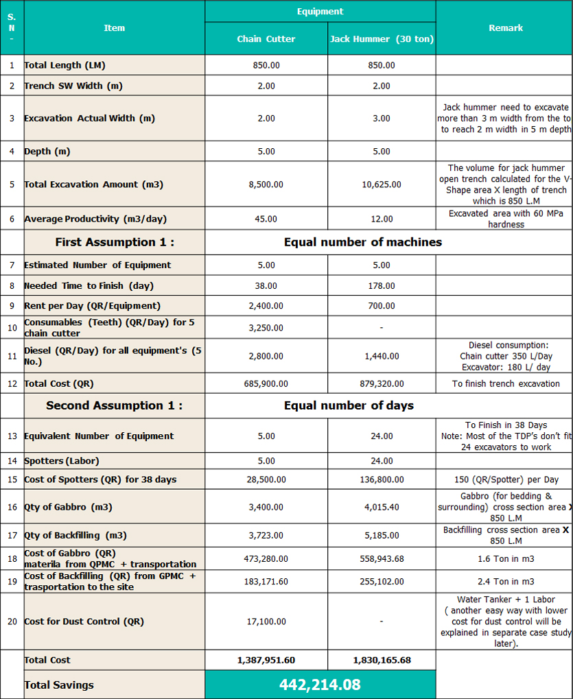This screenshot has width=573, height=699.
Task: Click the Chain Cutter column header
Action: (x=266, y=39)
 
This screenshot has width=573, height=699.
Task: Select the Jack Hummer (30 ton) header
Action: (x=382, y=39)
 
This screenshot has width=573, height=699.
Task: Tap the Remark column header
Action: (x=506, y=28)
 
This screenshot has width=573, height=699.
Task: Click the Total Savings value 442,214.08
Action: (x=320, y=685)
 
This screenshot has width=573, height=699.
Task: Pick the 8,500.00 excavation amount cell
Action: (x=266, y=185)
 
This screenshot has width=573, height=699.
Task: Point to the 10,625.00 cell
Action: (x=382, y=185)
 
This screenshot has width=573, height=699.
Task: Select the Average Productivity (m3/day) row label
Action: (x=95, y=219)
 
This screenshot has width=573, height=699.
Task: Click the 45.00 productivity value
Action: (x=266, y=219)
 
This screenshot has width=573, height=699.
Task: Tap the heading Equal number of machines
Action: (x=363, y=242)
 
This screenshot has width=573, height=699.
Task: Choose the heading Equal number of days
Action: (x=349, y=405)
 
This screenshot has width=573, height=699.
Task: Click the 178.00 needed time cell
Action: (x=382, y=285)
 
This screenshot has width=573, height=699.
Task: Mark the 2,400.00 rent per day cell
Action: (x=266, y=306)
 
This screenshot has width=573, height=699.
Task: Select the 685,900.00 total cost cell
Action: (x=266, y=383)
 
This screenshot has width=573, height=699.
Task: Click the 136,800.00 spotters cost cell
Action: (x=382, y=479)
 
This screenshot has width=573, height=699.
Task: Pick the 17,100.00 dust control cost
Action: (x=266, y=621)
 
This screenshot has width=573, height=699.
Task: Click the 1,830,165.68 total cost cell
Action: (x=382, y=660)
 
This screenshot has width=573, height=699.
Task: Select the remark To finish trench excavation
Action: (x=506, y=383)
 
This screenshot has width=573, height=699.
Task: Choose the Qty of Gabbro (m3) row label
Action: (x=68, y=508)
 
